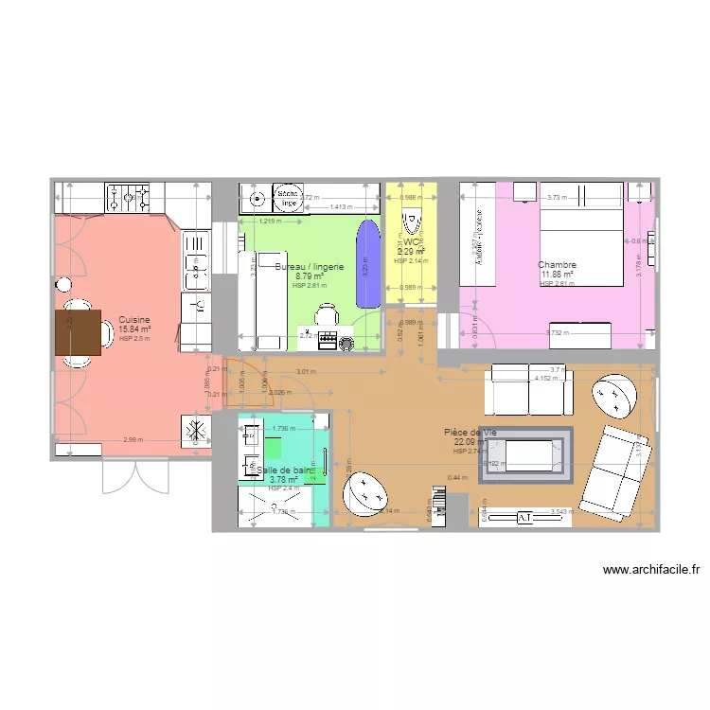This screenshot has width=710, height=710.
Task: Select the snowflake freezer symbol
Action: coord(196,430)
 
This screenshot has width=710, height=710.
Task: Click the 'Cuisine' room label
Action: coord(134,320)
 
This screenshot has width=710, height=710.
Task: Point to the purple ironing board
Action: coord(364,264)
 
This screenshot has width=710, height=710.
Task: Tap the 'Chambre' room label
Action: coord(557,265)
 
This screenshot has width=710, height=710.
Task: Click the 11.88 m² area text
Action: coord(559,275)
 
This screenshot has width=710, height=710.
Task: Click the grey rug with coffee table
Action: coord(525,456)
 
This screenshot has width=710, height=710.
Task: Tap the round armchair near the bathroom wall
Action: coord(364,493)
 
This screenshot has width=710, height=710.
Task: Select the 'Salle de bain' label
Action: coord(283,470)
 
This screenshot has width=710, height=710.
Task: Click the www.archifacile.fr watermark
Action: coord(650,570)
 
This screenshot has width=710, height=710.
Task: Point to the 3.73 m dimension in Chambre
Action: coord(557,197)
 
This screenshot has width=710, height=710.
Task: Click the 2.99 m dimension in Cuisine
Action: coord(133,439)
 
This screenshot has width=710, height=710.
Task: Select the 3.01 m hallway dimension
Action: coord(305,372)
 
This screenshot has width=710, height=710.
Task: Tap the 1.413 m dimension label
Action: coord(340,206)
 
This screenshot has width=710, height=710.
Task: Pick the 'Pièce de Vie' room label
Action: coord(470,433)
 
